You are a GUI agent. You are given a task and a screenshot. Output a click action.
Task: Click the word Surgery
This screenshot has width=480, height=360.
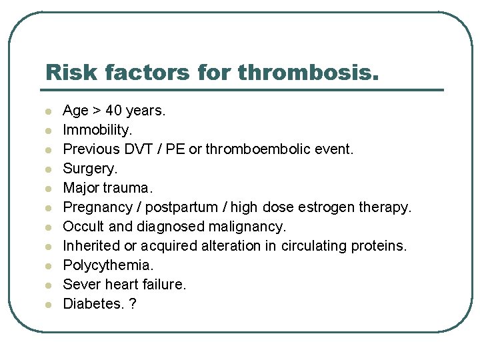(x=89, y=169)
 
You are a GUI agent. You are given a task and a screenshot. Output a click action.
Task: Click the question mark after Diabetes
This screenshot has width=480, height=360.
(x=133, y=304)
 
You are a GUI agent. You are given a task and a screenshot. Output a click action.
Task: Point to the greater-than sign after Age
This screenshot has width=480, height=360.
(x=97, y=111)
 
